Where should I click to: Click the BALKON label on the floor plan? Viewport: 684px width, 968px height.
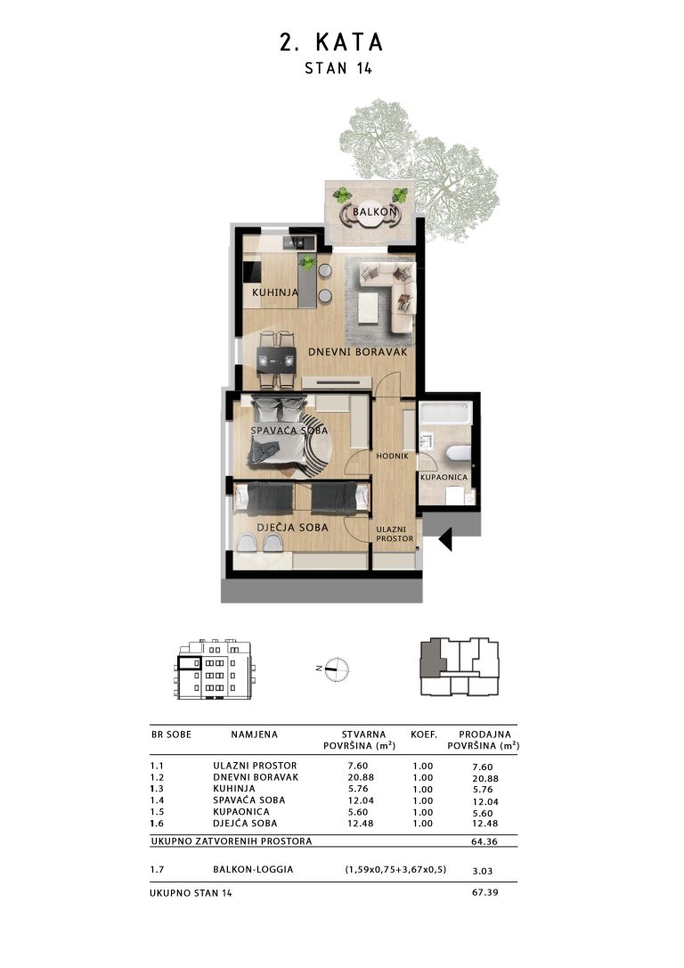374,212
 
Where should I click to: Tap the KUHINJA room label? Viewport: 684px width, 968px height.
275,292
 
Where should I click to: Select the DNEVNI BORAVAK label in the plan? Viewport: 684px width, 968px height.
358,352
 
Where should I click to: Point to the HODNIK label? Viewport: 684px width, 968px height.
392,455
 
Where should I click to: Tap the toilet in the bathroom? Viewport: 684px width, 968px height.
458,454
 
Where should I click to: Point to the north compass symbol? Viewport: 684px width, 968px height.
334,669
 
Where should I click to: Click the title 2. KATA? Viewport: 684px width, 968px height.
332,42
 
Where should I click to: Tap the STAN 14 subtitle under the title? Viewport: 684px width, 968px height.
338,68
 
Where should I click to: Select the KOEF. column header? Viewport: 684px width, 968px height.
424,734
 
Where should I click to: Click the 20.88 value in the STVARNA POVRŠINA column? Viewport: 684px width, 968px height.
361,777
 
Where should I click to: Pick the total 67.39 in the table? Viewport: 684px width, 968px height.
484,892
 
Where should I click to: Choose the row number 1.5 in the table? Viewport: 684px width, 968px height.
158,812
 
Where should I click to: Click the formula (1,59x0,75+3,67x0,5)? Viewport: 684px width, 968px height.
395,869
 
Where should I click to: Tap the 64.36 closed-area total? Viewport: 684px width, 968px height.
484,841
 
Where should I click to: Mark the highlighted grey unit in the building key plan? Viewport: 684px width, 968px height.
431,659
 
